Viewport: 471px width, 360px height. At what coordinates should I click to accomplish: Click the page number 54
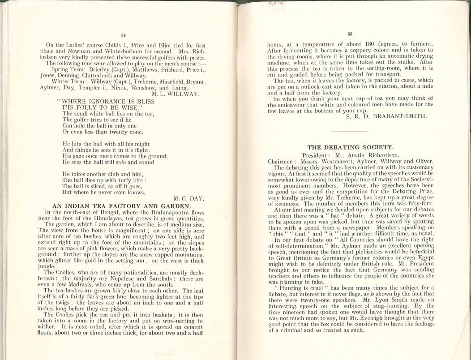[123, 34]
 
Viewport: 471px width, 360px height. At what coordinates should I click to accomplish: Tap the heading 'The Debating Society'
[351, 147]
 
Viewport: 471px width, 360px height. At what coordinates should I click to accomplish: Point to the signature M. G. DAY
[188, 198]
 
